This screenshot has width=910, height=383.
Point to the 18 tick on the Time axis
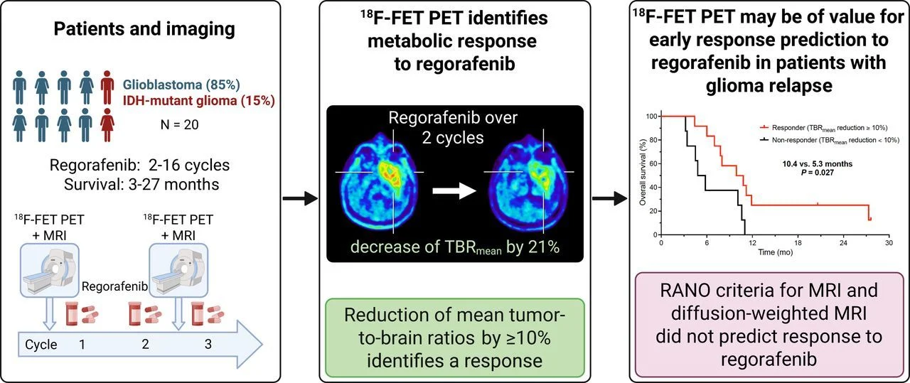pyautogui.click(x=798, y=242)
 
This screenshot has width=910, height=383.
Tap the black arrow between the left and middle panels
pyautogui.click(x=299, y=198)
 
